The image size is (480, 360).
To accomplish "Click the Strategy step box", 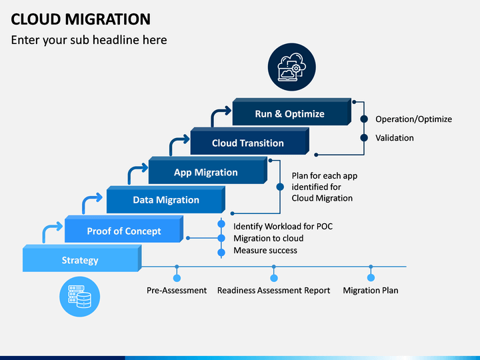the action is [x=82, y=258].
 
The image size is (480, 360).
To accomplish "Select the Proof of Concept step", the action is [x=124, y=229].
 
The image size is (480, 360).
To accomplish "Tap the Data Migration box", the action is [x=166, y=199].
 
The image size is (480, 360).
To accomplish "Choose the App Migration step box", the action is [x=208, y=170].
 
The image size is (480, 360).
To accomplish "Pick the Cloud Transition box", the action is [x=250, y=141].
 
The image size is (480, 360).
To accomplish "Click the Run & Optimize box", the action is [x=292, y=112].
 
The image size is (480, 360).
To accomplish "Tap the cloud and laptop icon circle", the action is [x=292, y=67].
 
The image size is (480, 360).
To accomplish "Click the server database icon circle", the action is [x=79, y=297].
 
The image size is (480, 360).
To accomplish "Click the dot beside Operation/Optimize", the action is [x=364, y=119].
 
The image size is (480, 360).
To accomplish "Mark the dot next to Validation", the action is [x=364, y=138].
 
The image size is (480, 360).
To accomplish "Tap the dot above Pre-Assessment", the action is [x=177, y=278].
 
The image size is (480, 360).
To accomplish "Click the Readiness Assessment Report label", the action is [x=274, y=290].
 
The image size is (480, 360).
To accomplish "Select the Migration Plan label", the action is [x=371, y=290].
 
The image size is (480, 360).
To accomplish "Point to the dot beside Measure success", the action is [x=221, y=253].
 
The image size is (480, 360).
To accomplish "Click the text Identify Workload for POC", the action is [x=283, y=226].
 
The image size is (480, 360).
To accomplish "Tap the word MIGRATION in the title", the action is [x=108, y=19].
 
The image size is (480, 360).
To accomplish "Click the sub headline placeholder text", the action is [x=89, y=40].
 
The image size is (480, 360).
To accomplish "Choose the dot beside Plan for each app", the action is [x=280, y=187].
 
